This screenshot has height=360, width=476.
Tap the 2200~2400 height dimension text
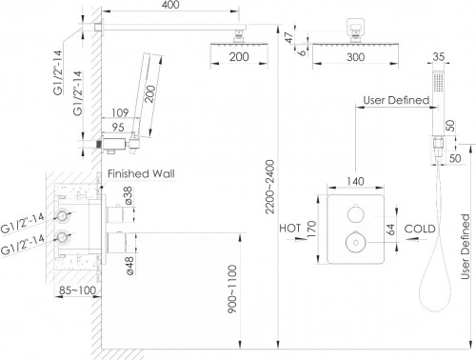tap(269, 187)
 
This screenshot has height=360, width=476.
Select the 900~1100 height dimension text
tap(232, 289)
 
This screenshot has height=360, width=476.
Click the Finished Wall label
tap(141, 173)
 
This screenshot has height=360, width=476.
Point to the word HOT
tap(290, 229)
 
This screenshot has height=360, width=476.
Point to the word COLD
tap(420, 229)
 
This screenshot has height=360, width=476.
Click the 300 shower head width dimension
tap(356, 57)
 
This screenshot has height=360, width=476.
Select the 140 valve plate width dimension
tap(355, 181)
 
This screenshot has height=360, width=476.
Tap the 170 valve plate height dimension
tap(312, 229)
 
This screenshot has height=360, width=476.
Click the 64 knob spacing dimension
tap(390, 230)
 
